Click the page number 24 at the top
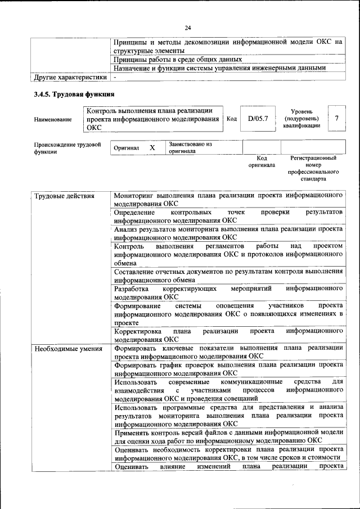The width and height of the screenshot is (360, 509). [188, 28]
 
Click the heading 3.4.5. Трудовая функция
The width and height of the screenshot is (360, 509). [74, 93]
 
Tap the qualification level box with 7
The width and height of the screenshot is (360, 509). [336, 118]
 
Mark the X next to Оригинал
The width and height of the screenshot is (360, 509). [152, 147]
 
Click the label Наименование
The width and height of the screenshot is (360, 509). [53, 119]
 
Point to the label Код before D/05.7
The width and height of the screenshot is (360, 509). [231, 119]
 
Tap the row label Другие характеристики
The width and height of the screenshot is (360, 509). [70, 78]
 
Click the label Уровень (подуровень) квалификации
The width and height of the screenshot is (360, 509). [301, 119]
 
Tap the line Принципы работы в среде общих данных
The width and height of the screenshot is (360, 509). [178, 58]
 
